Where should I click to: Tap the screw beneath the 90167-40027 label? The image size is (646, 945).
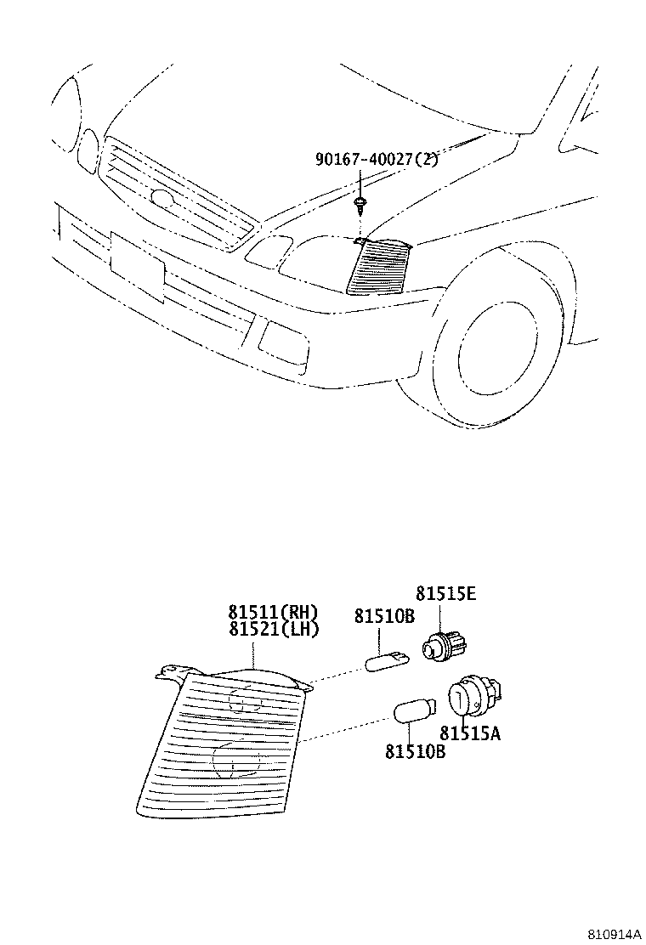[362, 204]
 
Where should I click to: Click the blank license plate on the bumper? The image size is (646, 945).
[137, 266]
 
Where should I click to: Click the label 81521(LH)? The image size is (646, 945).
[272, 629]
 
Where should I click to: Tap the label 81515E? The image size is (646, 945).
[445, 593]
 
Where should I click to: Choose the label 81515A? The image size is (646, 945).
[470, 733]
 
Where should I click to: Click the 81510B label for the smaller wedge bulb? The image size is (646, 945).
[384, 616]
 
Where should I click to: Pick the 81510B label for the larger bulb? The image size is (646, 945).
[415, 750]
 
